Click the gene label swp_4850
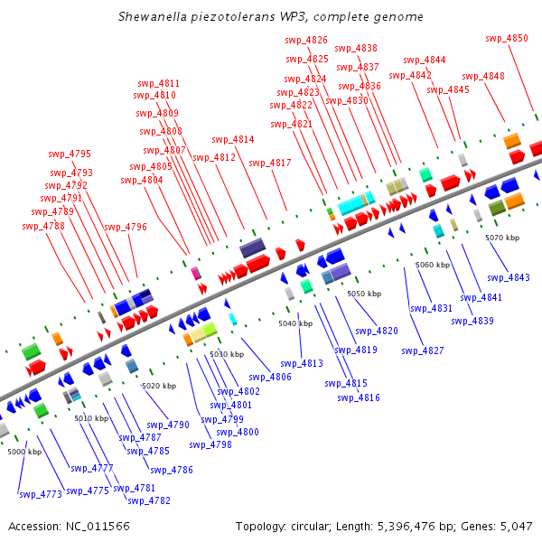[507, 38]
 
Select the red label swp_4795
[70, 154]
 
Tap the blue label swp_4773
[40, 494]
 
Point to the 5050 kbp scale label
[365, 294]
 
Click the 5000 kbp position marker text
[25, 451]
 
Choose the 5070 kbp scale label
[502, 238]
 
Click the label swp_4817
[270, 163]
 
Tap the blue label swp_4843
[509, 277]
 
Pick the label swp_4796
[125, 227]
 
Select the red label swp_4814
[233, 139]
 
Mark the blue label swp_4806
[270, 377]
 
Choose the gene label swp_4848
[483, 76]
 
